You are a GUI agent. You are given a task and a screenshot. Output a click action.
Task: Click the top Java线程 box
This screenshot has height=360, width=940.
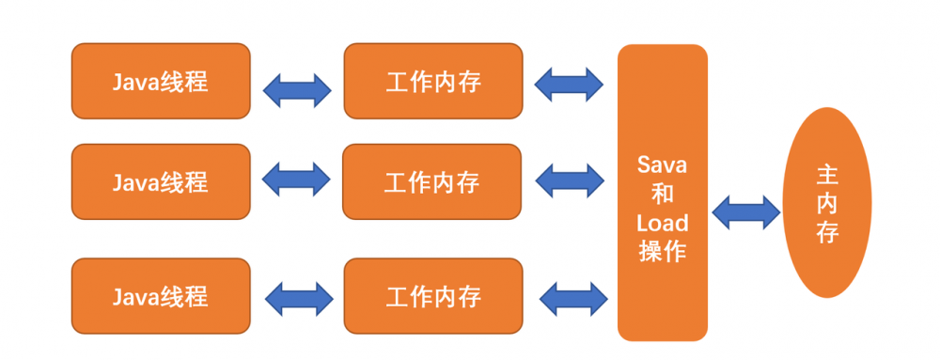tap(161, 81)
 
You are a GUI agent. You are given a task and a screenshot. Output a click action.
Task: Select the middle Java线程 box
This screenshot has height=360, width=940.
tap(161, 180)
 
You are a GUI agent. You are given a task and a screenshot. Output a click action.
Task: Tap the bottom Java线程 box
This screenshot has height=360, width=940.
tap(161, 296)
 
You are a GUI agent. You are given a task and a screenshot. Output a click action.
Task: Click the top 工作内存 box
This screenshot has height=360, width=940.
tap(432, 81)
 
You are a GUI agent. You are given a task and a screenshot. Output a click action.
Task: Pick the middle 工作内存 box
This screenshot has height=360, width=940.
tap(432, 180)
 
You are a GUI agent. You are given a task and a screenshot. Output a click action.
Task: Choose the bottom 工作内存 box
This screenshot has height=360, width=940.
tap(432, 296)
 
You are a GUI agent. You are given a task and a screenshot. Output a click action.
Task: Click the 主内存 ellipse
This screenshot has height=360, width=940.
tap(827, 202)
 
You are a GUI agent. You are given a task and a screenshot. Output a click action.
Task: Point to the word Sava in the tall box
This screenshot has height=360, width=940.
tap(663, 165)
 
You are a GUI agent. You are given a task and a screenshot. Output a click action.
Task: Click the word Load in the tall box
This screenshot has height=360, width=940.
tap(663, 224)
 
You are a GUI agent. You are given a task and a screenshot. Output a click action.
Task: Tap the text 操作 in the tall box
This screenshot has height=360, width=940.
tap(663, 252)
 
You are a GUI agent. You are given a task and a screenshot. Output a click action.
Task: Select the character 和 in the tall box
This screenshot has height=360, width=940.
tap(663, 195)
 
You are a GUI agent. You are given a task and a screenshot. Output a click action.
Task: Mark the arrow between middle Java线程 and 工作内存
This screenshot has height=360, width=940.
tap(297, 180)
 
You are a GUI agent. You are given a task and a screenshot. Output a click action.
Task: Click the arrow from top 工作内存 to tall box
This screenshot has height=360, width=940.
tap(569, 84)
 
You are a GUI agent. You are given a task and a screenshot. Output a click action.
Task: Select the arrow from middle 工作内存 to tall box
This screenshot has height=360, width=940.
tap(569, 180)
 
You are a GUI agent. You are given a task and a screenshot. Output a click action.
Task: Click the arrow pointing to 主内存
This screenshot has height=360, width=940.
tap(745, 211)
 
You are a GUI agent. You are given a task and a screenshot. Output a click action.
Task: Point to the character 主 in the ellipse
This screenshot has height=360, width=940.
tap(827, 175)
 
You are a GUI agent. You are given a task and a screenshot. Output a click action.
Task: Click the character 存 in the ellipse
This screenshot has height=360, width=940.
tap(827, 231)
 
